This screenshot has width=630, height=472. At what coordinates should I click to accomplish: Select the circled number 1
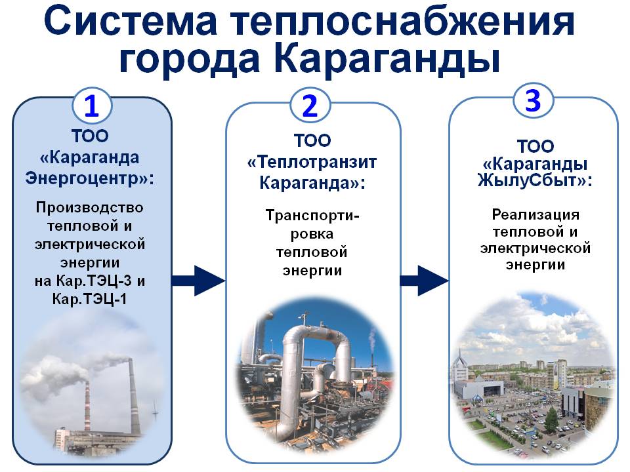(92, 106)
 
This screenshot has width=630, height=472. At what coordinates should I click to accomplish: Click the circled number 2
(310, 106)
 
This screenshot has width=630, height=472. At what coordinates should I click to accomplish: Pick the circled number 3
(533, 100)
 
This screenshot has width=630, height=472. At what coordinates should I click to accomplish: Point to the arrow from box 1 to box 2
(198, 281)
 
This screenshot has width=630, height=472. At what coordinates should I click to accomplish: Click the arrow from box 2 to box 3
(424, 281)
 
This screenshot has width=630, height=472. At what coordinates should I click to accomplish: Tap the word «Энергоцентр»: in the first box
(90, 178)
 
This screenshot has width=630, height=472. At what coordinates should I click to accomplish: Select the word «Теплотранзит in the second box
(312, 162)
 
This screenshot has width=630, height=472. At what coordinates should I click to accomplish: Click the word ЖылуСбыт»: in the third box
(535, 181)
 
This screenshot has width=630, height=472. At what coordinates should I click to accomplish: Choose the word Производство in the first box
(90, 208)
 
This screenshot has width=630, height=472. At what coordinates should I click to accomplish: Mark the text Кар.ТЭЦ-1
(90, 299)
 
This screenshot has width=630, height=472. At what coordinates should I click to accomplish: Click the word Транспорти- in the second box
(312, 216)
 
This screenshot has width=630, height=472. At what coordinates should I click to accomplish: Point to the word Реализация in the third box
(535, 215)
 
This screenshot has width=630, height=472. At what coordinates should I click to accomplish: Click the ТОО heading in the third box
(535, 146)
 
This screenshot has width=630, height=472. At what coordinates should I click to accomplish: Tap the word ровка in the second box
(312, 235)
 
